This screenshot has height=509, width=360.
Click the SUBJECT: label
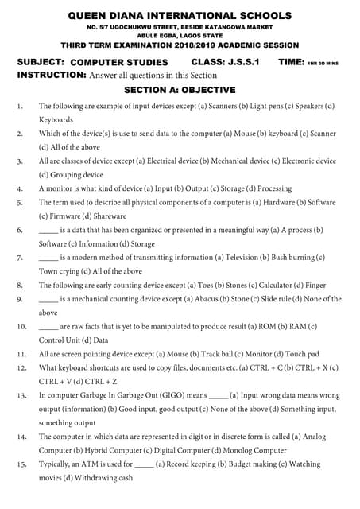click(x=41, y=61)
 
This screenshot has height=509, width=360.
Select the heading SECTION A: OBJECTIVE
click(x=180, y=90)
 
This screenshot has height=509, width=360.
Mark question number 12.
click(x=21, y=368)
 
